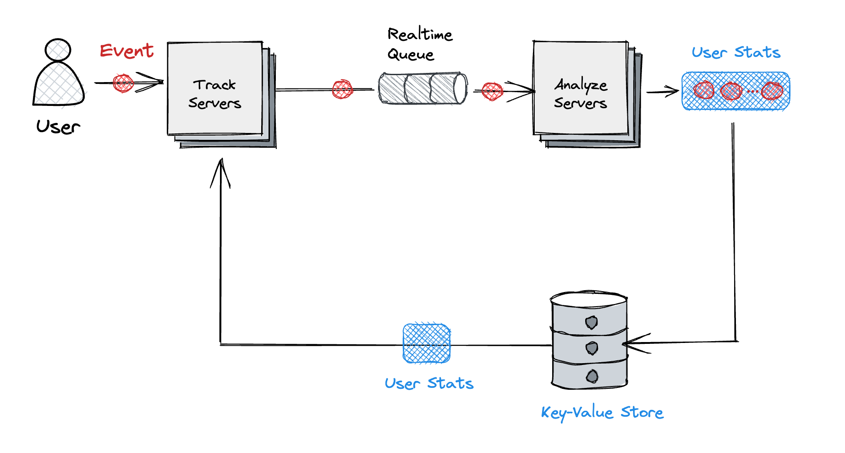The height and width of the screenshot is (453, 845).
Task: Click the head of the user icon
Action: click(x=58, y=50)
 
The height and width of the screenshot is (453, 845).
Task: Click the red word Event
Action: click(x=127, y=50)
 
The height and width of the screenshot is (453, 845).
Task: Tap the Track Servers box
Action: click(x=215, y=89)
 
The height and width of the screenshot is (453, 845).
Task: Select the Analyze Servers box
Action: click(x=581, y=89)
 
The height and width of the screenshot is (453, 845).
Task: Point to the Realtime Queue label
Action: click(x=419, y=44)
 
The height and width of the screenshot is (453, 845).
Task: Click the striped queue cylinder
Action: click(x=422, y=88)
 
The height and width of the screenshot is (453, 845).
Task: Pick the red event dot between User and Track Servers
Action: click(x=123, y=83)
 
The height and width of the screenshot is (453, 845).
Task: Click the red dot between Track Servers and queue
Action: click(x=342, y=89)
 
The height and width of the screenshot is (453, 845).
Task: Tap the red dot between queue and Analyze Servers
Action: click(x=493, y=91)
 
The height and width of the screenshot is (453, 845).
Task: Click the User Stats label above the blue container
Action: click(x=736, y=52)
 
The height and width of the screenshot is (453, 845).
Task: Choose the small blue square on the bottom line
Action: click(x=427, y=343)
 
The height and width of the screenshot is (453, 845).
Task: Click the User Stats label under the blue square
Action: click(x=429, y=383)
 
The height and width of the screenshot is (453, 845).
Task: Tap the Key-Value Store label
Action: click(x=602, y=413)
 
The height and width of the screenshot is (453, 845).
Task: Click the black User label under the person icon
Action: click(x=58, y=127)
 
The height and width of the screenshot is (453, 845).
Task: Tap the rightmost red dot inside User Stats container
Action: click(x=772, y=90)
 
